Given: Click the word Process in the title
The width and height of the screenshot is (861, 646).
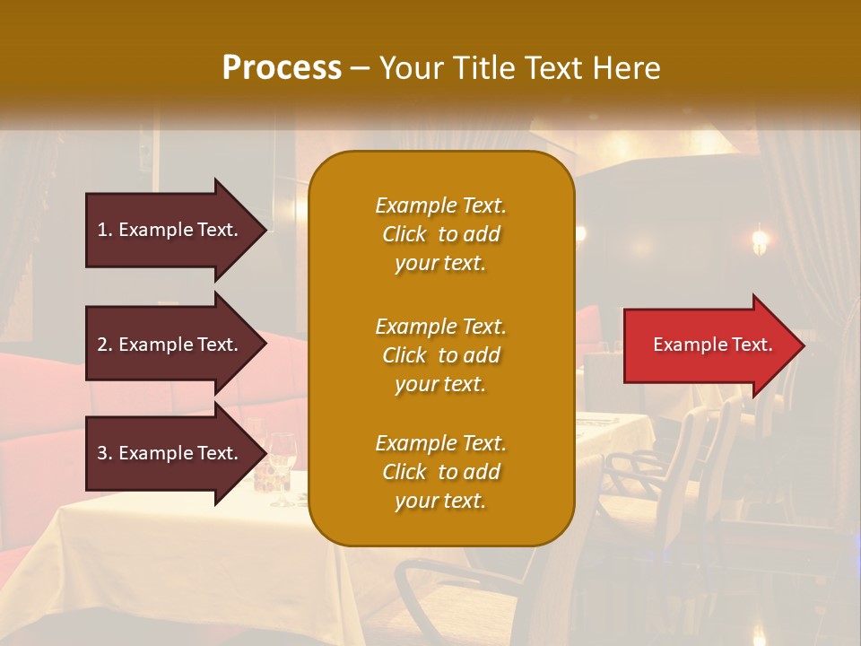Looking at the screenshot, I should coord(282,68).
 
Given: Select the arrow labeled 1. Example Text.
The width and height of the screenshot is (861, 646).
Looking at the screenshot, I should coord(170,230).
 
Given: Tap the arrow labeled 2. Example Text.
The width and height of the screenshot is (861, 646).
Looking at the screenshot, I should coord(170,345).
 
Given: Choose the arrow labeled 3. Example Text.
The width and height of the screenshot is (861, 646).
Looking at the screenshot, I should coord(170,453).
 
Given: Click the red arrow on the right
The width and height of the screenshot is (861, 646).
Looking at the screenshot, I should coord(709,345).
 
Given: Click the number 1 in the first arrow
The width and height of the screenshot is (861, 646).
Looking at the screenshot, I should coord(102,230).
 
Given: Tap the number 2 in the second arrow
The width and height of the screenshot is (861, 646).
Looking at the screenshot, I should coord(102,345).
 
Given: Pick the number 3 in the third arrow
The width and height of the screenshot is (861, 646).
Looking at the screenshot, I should coord(102,453).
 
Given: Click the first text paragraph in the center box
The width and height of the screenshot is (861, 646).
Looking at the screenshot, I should coord(440,234).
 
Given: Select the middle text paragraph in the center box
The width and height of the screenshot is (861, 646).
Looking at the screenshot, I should coord(440,355).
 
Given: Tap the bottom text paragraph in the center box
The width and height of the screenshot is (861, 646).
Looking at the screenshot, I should coord(440,472).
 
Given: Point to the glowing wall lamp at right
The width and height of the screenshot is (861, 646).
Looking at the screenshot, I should coord(760,240).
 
